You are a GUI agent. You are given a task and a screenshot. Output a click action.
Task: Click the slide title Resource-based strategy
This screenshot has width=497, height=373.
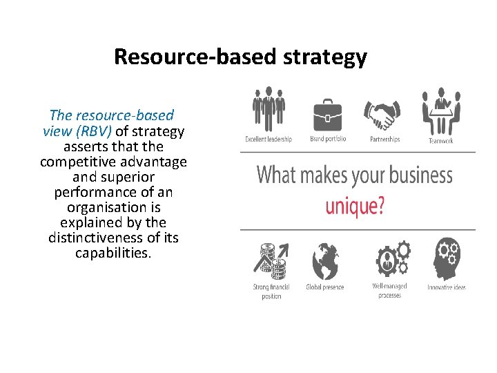click(240, 57)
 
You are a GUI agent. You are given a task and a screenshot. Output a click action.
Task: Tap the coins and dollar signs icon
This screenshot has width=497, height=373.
click(271, 260)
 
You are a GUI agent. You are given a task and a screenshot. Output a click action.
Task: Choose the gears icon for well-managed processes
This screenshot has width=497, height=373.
click(391, 259)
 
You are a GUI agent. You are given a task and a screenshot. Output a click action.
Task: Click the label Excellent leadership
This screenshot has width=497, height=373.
click(269, 140)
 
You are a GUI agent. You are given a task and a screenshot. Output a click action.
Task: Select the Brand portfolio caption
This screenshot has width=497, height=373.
click(328, 140)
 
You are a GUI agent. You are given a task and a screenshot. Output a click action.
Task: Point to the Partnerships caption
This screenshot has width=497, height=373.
click(385, 140)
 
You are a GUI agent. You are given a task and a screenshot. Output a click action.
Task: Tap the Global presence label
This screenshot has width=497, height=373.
click(324, 287)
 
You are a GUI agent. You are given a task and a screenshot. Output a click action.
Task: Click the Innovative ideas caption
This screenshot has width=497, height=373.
click(447, 287)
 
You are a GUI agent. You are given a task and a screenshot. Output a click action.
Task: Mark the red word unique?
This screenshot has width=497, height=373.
click(355, 205)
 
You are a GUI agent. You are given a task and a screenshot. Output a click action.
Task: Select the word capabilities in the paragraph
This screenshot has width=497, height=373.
click(113, 253)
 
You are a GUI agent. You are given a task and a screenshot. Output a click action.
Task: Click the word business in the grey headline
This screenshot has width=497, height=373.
click(413, 175)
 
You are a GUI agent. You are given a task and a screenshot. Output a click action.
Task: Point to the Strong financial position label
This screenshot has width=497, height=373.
click(271, 291)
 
